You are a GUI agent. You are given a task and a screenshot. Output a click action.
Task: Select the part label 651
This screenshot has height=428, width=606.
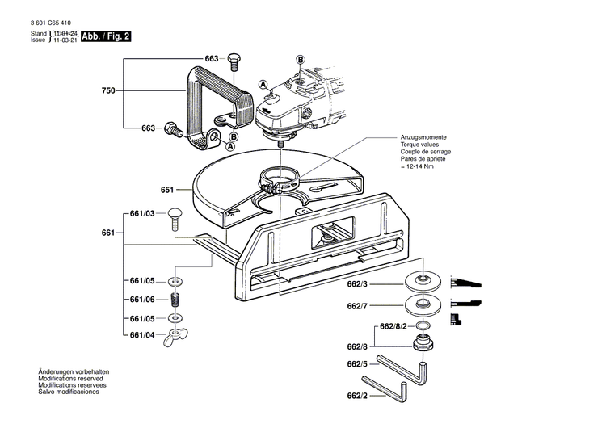coord(167,190)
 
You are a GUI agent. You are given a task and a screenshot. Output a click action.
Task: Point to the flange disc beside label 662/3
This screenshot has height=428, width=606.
coord(424,282)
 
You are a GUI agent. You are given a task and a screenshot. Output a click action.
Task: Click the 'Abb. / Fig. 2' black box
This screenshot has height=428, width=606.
coord(105,36)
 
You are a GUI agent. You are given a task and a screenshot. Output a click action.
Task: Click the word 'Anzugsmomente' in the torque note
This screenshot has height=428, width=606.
coord(424,138)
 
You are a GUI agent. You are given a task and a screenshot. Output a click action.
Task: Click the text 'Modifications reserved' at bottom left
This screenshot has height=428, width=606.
coord(74,378)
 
